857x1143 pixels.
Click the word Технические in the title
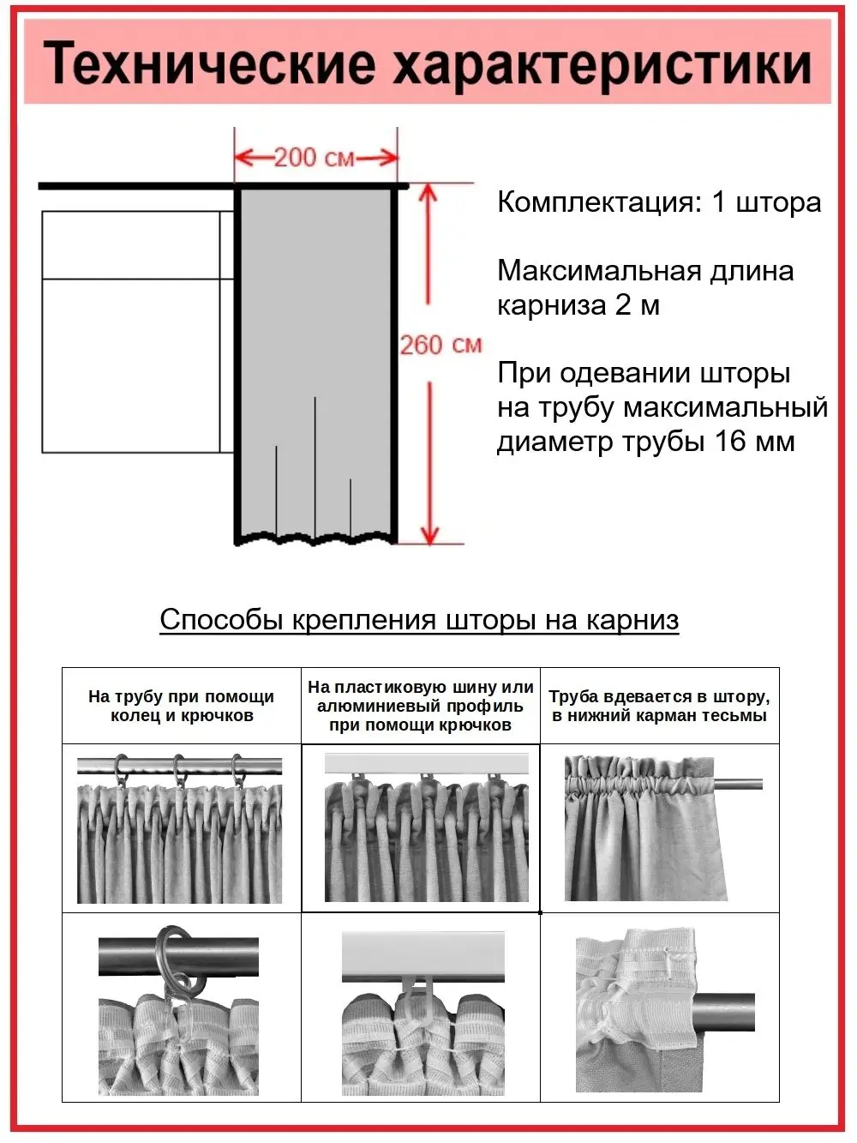(x=210, y=64)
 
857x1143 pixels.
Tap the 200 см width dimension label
(x=314, y=158)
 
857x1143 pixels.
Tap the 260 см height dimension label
(x=440, y=345)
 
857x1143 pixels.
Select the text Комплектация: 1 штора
(x=659, y=202)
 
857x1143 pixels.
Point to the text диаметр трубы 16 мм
(x=645, y=442)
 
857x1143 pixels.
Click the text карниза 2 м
(x=578, y=305)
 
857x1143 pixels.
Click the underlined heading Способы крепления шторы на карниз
(x=419, y=619)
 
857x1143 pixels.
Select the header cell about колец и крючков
(x=181, y=706)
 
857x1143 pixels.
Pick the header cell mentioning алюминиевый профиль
(x=420, y=706)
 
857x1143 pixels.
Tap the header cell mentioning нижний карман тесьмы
(x=659, y=706)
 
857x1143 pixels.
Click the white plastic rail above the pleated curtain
(x=426, y=762)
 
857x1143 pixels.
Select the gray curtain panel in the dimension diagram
(x=315, y=343)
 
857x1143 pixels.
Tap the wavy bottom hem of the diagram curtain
(x=315, y=538)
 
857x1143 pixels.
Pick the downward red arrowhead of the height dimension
(x=428, y=532)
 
